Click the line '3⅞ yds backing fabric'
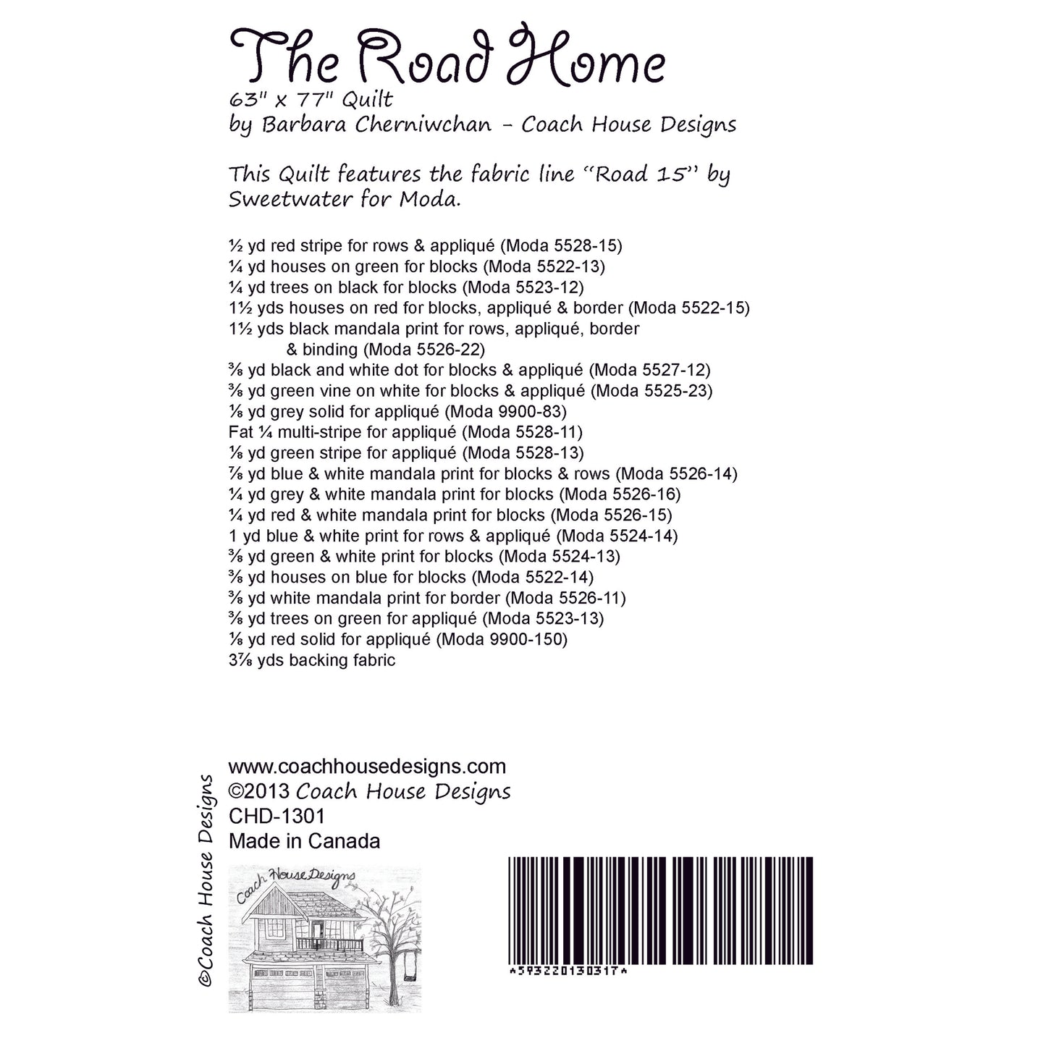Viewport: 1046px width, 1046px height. click(x=312, y=660)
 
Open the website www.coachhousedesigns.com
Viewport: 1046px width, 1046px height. click(x=367, y=767)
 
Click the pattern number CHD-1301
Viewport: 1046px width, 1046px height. click(x=277, y=817)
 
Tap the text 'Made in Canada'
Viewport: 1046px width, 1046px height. click(x=304, y=841)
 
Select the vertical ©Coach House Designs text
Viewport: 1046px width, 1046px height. click(x=206, y=880)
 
